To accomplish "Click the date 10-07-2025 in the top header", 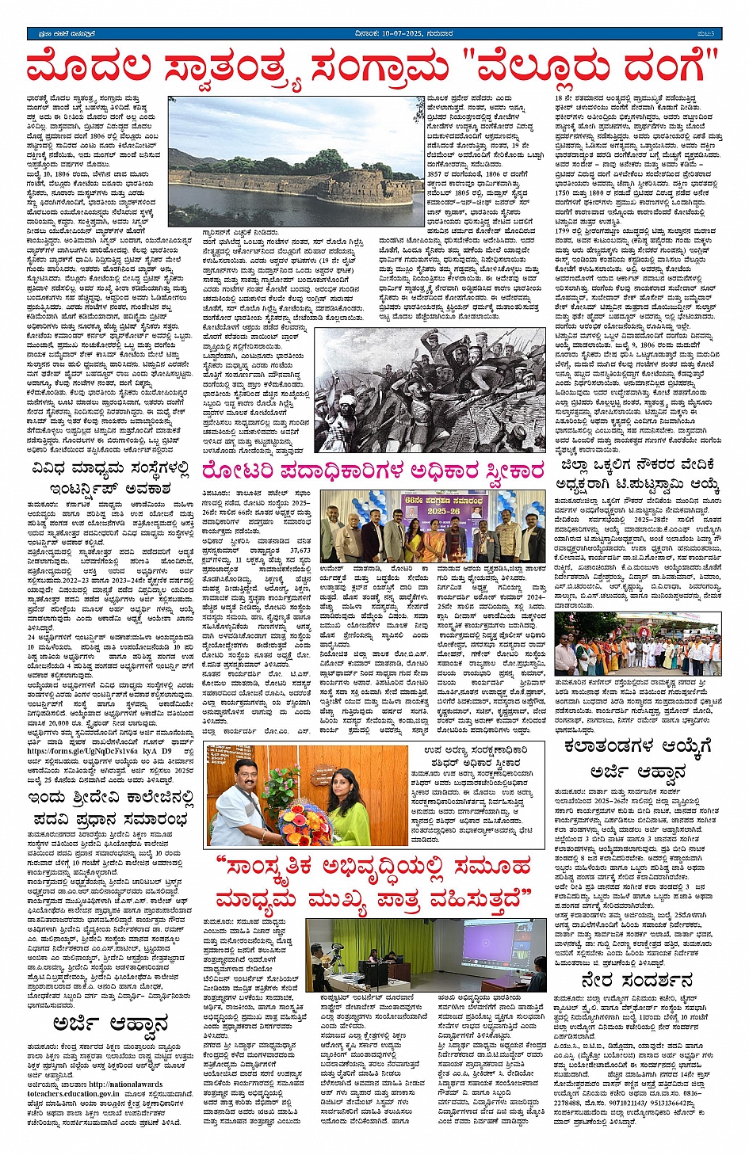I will (390, 33).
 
